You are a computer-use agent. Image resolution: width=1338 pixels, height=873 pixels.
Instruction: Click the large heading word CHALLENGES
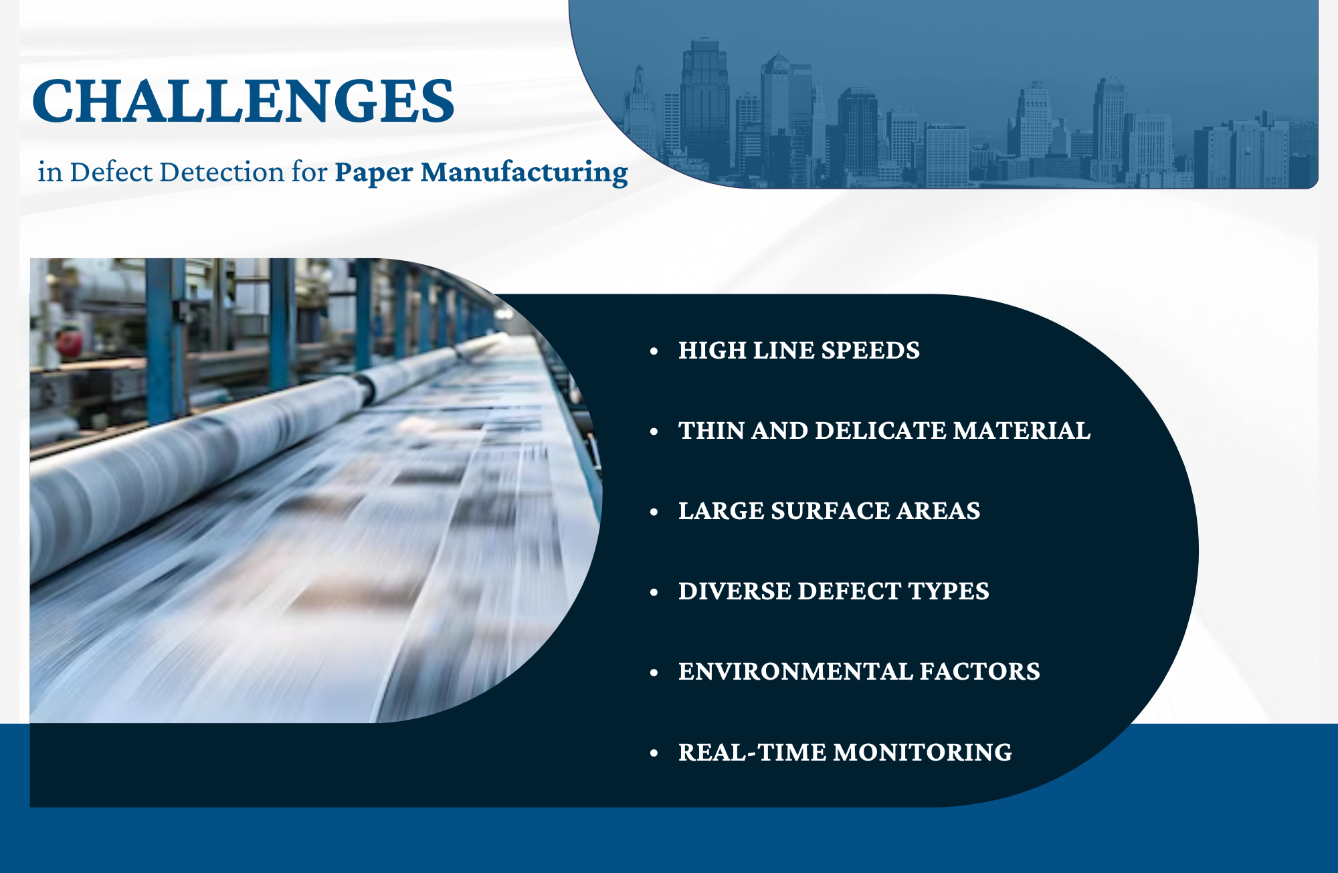pos(244,101)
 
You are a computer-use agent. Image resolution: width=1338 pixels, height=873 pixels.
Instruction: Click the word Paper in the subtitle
pos(373,173)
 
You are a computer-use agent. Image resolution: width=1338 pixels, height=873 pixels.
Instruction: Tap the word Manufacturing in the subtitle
pos(524,173)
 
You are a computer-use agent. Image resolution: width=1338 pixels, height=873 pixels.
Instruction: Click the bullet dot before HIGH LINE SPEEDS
pos(654,351)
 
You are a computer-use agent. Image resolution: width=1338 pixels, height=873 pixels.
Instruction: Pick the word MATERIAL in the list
pos(1022,431)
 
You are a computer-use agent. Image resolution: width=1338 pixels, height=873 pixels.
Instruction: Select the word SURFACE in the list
pos(830,511)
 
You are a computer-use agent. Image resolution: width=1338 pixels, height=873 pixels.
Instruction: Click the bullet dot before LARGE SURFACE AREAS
pos(654,512)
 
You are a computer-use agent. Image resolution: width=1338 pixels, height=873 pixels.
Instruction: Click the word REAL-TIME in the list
pos(752,753)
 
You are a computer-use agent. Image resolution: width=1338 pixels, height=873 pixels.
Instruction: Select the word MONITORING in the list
pos(923,753)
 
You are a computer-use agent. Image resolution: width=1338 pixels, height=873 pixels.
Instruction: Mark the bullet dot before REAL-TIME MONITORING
pos(654,753)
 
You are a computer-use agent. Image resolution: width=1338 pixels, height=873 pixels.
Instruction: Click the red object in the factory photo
pos(69,343)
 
